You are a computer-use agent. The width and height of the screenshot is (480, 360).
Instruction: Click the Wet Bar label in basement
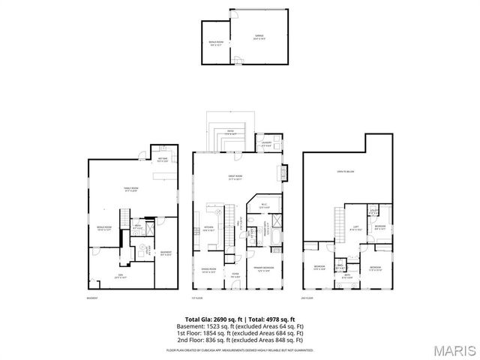[x=162, y=160]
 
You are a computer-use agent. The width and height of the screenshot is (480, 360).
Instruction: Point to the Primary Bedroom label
[x=262, y=269]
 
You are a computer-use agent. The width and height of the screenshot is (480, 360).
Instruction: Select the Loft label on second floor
[x=356, y=229]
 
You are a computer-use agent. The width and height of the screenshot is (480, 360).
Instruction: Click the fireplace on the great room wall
[x=283, y=172]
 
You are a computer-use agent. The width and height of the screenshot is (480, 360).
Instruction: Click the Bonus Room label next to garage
[x=215, y=42]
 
